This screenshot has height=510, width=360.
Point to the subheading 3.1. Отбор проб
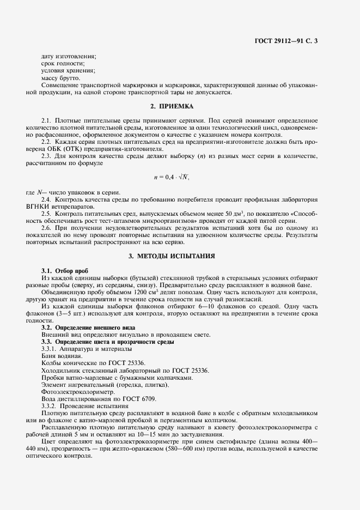tap(64, 271)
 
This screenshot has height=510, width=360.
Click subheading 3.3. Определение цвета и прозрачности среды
tap(107, 342)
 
